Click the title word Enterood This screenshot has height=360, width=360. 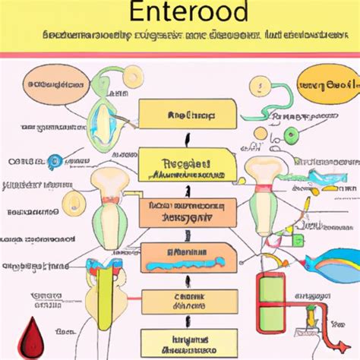181,14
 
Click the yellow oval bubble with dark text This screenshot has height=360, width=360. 319,84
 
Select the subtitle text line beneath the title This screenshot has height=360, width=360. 181,35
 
